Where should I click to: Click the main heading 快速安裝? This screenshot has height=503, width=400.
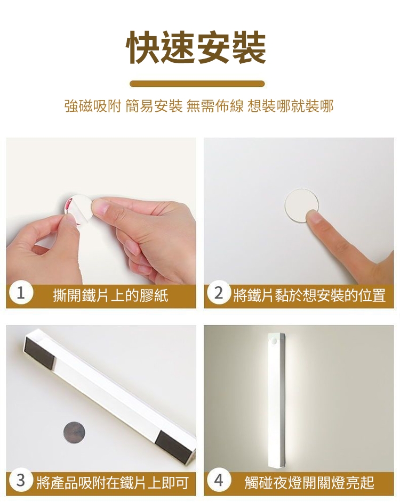tap(197, 48)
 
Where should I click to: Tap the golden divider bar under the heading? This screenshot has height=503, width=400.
tap(197, 84)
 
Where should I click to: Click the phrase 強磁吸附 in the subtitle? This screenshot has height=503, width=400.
tap(93, 106)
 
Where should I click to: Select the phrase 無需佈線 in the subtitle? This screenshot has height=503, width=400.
tap(215, 106)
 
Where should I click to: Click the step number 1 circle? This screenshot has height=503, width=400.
tap(21, 293)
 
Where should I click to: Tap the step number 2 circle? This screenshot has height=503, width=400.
tap(218, 293)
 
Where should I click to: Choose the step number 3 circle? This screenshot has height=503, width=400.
tap(21, 480)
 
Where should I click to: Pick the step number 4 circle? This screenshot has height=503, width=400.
tap(218, 480)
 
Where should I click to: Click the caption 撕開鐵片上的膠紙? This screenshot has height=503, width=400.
tap(110, 294)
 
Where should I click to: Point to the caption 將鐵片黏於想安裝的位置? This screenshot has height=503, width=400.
tap(309, 294)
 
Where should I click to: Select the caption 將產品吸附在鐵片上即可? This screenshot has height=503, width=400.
tap(113, 482)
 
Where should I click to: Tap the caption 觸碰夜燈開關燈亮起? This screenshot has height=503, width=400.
tap(309, 482)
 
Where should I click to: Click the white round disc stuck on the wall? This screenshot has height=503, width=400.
tap(301, 205)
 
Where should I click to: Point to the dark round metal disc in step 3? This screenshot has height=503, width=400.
tap(75, 433)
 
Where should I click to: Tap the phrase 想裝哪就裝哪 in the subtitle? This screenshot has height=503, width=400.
tap(291, 106)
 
